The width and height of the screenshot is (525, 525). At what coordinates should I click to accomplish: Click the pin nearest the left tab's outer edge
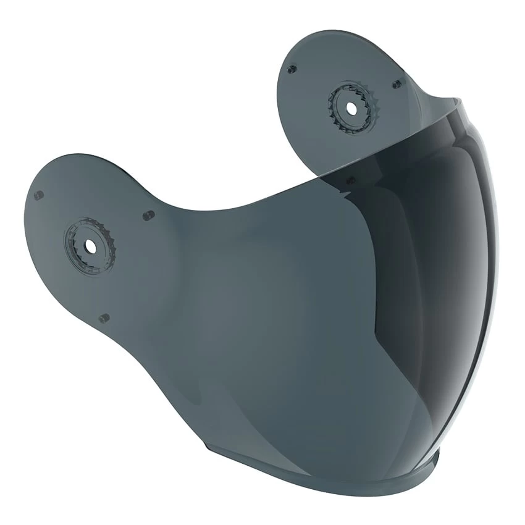39,195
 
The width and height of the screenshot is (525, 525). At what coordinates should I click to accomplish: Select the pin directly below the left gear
103,317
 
